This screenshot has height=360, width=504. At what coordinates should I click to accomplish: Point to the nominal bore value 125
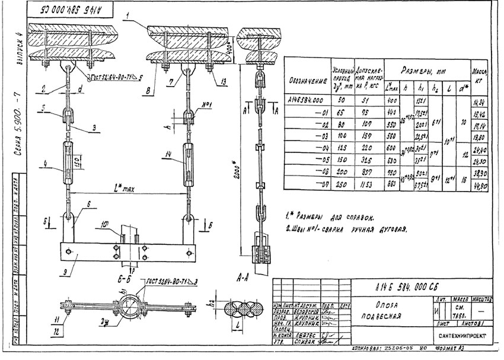pos(339,148)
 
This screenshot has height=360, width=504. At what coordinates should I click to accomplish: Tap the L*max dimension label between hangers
pos(125,190)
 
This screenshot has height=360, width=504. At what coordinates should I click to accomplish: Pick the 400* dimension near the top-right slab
pos(229,43)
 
